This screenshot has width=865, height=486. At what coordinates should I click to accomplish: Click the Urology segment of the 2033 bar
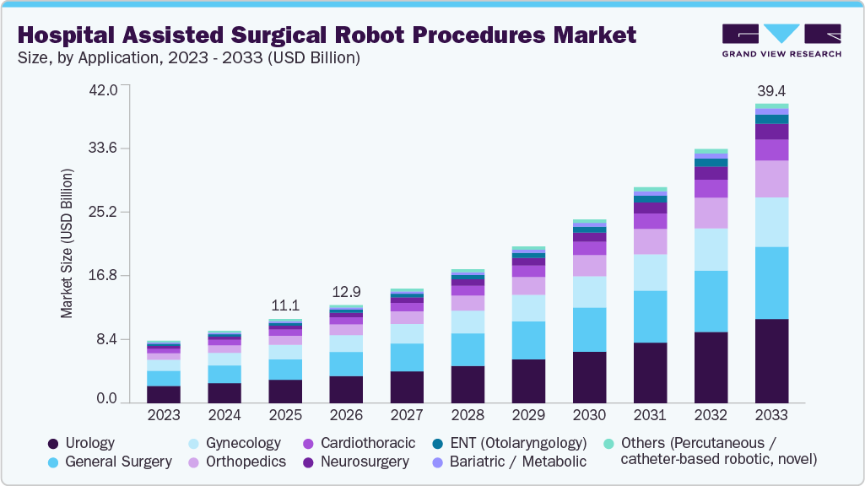(771, 360)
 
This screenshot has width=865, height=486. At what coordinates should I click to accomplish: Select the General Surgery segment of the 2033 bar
(771, 283)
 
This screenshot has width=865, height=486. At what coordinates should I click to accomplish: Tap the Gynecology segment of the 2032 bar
(711, 249)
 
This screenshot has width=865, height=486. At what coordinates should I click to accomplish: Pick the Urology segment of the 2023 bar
(164, 393)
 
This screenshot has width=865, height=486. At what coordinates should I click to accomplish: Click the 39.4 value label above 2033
(771, 90)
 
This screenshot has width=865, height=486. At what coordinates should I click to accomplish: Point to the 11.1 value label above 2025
(285, 305)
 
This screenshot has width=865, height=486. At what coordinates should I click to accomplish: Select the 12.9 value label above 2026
(346, 292)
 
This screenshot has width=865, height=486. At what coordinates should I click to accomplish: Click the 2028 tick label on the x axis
(468, 415)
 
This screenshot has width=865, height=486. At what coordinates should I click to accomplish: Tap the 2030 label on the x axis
(589, 415)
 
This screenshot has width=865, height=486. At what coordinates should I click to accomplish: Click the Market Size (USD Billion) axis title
(67, 243)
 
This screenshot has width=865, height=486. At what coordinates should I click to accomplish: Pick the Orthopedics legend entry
(237, 462)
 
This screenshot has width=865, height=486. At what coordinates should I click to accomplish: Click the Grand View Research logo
(781, 40)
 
